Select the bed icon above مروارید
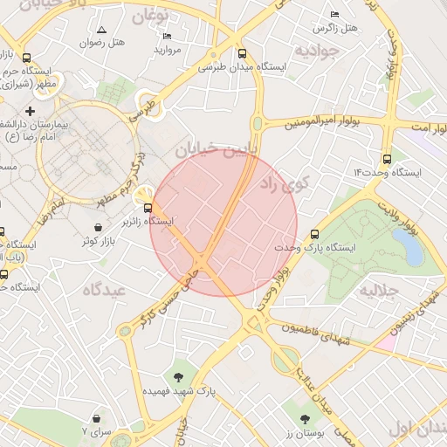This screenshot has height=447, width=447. point(168,36)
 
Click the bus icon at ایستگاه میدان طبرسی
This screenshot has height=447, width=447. point(242,52)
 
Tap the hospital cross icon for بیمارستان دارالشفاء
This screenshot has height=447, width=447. point(31,111)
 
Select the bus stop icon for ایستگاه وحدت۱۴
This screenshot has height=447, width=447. point(387,159)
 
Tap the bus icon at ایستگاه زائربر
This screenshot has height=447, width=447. point(148,208)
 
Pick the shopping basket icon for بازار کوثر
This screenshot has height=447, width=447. point(97,227)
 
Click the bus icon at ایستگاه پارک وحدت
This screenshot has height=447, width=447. point(314,234)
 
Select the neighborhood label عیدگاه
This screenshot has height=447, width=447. point(107,289)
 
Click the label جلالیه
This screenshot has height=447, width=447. point(379,289)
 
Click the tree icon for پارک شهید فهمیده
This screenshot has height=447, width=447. point(179,378)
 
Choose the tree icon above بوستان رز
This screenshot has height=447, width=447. point(305,420)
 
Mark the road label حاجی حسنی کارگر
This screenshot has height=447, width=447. point(167,301)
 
